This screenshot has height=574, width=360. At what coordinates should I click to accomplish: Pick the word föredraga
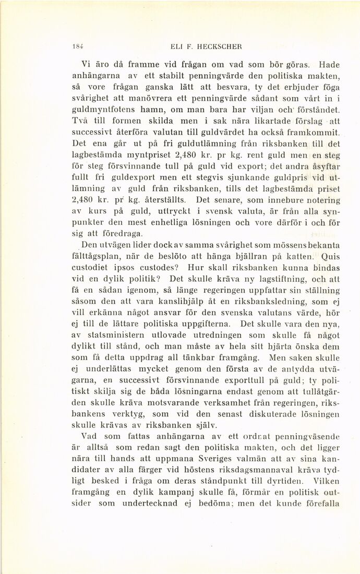(x=121, y=233)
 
